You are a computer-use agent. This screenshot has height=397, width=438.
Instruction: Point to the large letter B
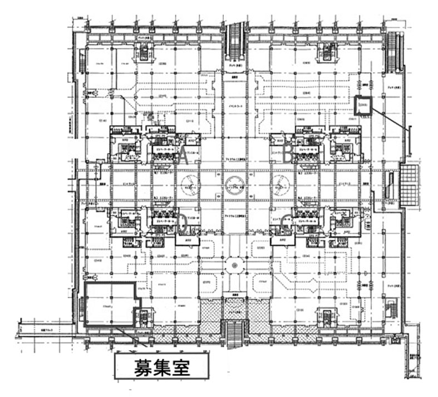click(288, 156)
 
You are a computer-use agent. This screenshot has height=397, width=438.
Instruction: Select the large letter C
click(286, 225)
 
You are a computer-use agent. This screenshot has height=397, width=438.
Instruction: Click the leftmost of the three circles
click(189, 183)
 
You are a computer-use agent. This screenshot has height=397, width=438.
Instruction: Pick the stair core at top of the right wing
click(325, 53)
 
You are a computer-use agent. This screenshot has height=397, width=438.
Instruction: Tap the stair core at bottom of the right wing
click(325, 316)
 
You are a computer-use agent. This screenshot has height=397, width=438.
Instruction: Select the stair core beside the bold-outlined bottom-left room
click(143, 318)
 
